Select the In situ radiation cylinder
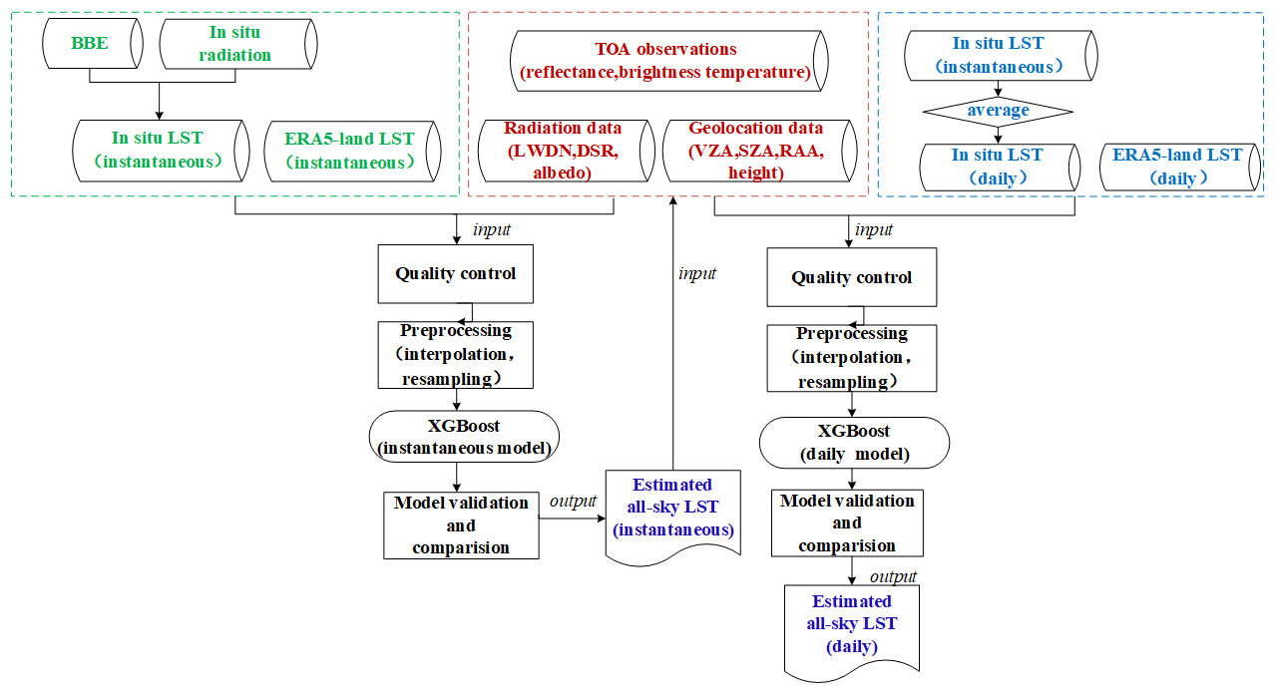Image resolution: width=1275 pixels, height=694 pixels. [x=236, y=44]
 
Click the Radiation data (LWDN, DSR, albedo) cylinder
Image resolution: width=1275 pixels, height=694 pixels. [x=564, y=150]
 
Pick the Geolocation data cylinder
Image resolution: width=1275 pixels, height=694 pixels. [x=756, y=150]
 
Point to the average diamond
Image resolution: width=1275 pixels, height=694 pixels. [x=998, y=110]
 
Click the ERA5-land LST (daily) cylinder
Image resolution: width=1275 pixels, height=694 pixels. [x=1177, y=167]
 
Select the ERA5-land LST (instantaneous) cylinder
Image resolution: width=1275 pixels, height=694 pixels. [x=349, y=151]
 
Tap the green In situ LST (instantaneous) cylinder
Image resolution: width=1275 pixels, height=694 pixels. [x=160, y=151]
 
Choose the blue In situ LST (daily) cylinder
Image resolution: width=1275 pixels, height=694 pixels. [x=998, y=167]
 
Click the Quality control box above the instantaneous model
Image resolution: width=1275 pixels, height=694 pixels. [x=456, y=273]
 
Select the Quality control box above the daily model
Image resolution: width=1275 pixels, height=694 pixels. [x=851, y=277]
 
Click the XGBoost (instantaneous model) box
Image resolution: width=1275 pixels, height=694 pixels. [x=464, y=437]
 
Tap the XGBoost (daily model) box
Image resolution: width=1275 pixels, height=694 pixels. [x=854, y=443]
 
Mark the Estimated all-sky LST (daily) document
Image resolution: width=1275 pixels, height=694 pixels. [x=851, y=625]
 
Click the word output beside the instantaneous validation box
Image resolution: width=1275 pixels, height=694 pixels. [x=573, y=501]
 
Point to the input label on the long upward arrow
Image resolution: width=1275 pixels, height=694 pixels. [x=696, y=273]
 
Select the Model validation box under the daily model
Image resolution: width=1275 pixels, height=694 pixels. [x=847, y=523]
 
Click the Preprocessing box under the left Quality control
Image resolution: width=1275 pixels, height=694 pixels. [x=456, y=355]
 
